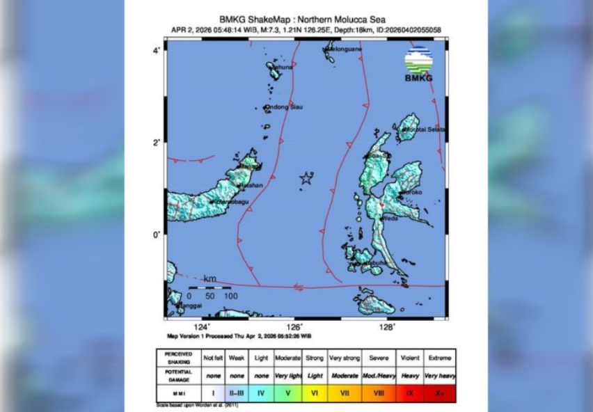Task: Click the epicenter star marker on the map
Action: point(306,179)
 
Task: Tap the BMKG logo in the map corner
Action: point(418,63)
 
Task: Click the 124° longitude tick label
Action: point(202,326)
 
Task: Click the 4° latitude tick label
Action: point(157,50)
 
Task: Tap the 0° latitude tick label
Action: point(157,235)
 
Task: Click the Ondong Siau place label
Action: point(285,107)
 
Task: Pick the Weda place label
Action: point(390,218)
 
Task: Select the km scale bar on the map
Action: point(209,287)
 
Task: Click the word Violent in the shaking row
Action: point(409,358)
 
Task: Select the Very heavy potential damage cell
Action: point(439,375)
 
